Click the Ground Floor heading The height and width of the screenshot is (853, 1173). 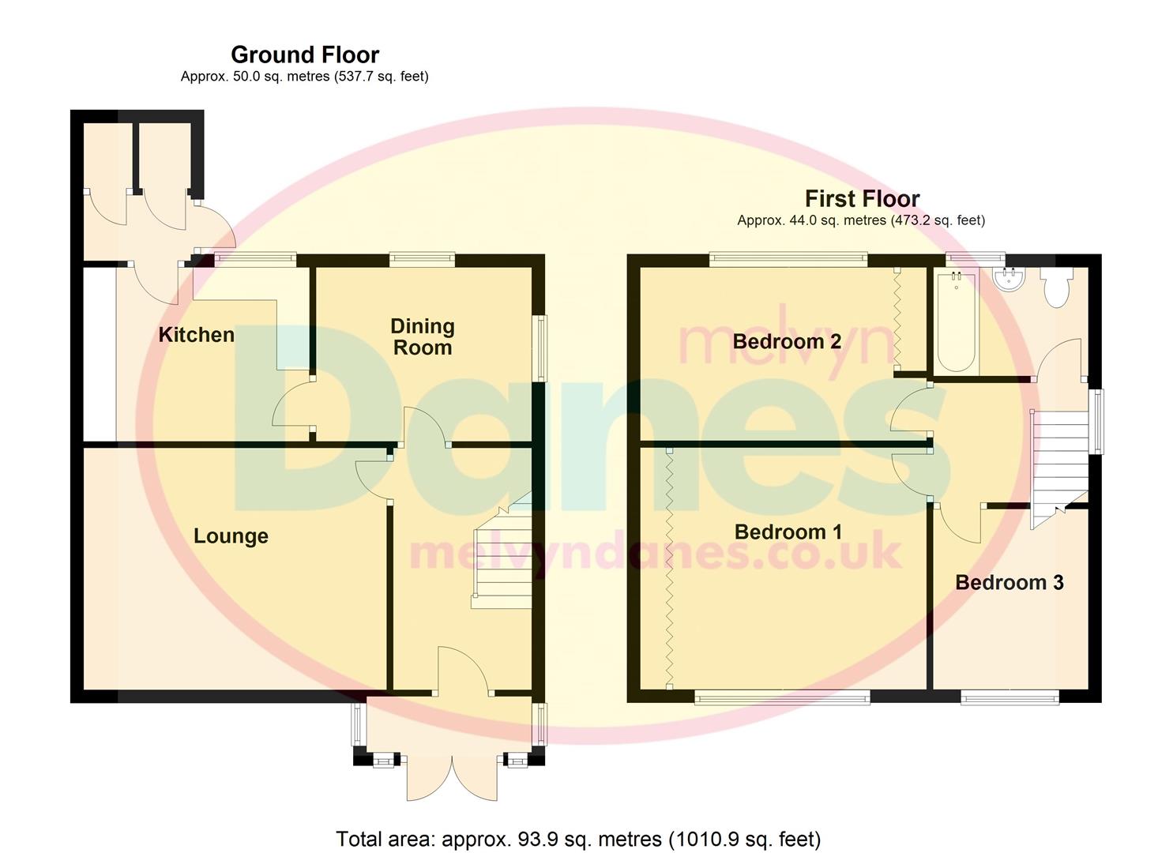[x=305, y=54]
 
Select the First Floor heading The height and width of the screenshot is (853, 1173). [x=862, y=198]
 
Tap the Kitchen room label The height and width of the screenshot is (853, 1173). [x=197, y=335]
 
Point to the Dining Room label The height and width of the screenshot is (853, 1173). [x=423, y=337]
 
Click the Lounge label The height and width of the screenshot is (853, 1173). [x=231, y=536]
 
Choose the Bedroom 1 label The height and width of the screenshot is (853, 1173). [x=788, y=532]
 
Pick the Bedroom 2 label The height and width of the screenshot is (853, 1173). [x=786, y=342]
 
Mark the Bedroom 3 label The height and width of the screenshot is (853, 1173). [x=1009, y=583]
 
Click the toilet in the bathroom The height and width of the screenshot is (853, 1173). [x=1056, y=287]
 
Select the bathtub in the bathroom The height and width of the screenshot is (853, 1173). [x=956, y=322]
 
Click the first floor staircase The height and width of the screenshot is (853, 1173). [x=1058, y=466]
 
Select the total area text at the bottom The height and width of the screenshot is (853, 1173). [x=578, y=839]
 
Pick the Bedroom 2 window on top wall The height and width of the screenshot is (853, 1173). [x=788, y=259]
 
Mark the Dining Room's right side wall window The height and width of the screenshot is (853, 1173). [x=540, y=348]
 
